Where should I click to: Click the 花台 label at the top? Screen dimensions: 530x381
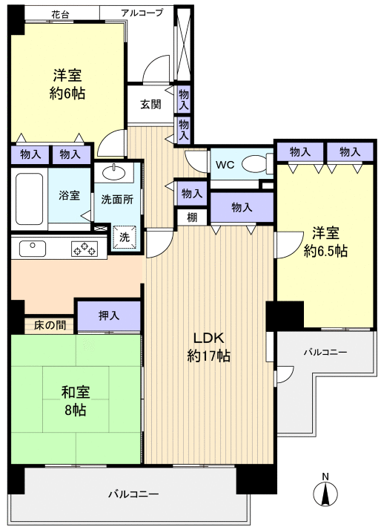tap(62, 14)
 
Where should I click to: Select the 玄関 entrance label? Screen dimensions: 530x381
tap(151, 104)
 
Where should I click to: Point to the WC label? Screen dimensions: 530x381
tap(225, 164)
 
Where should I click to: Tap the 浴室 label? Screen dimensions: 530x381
tap(70, 196)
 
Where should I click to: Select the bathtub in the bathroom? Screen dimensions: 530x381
tap(30, 199)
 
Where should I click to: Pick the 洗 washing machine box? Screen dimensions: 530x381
tap(125, 237)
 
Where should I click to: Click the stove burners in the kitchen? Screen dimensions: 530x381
tap(84, 249)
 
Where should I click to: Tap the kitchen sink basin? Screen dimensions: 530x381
tap(30, 248)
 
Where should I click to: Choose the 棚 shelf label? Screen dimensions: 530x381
tap(192, 217)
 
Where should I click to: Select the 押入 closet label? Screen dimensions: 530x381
tap(109, 315)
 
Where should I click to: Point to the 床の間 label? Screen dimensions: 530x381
tap(50, 324)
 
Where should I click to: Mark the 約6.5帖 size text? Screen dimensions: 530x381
tap(325, 251)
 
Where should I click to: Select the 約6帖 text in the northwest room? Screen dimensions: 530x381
tap(67, 94)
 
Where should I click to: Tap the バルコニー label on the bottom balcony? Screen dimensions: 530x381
tap(133, 494)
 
